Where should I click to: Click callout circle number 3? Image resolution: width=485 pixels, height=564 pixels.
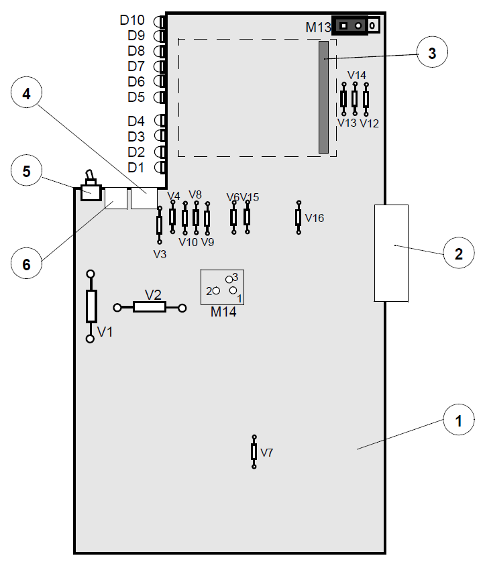coord(432,52)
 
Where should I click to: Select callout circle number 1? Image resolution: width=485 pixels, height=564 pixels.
coord(459,420)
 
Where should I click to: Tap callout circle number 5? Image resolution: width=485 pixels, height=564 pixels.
coord(26,170)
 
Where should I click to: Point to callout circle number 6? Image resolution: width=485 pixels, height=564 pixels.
coord(26,264)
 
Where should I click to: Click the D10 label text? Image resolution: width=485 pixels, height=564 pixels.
coord(132,20)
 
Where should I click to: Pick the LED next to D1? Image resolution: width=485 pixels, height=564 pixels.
coord(160,167)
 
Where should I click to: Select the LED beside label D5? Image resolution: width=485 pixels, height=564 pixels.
coord(160,97)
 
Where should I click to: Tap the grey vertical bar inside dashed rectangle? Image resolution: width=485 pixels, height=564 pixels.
coord(323,97)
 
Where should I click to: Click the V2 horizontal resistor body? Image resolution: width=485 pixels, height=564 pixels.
coord(150,307)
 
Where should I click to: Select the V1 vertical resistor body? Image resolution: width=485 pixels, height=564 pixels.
coord(91,306)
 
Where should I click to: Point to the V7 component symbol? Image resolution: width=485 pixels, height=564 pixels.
coord(254,452)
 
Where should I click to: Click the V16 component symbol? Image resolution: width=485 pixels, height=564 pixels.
coord(299,217)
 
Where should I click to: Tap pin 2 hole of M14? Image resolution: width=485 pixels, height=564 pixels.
coord(216,290)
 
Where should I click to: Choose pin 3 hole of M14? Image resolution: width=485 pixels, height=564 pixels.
coord(229,280)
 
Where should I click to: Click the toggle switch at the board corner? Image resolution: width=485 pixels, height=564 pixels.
coord(91,187)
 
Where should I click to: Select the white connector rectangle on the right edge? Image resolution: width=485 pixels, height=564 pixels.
coord(391,253)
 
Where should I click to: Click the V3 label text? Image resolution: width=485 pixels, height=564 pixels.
coord(160,254)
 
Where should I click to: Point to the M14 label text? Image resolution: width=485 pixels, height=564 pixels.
coord(223,312)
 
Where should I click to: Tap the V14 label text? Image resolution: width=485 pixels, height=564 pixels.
coord(357,75)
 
